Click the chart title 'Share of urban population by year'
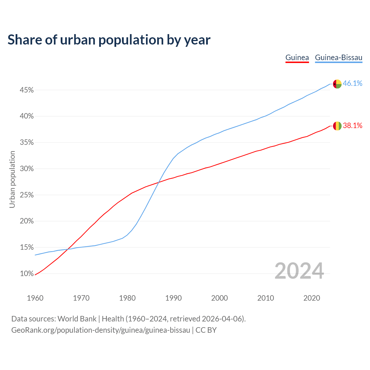click(109, 40)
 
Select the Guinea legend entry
click(297, 58)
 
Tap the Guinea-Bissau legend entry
click(338, 58)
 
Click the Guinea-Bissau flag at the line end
click(337, 84)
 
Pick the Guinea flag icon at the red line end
click(337, 126)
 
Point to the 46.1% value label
click(352, 84)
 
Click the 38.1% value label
click(352, 125)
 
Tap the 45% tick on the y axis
click(27, 90)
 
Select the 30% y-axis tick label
click(27, 169)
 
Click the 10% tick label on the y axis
click(27, 274)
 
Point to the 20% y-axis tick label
click(27, 221)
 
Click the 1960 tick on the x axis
click(35, 298)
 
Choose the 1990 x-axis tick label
click(173, 298)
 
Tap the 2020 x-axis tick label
click(312, 298)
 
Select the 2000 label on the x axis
click(219, 298)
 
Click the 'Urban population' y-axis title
click(12, 179)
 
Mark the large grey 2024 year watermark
click(299, 271)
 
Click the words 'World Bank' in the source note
click(77, 319)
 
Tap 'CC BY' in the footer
click(206, 330)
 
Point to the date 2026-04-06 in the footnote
click(222, 319)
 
